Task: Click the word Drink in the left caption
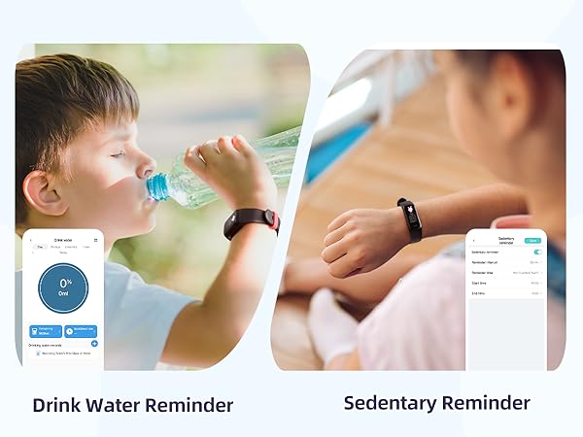[x=55, y=404]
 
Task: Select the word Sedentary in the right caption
[x=389, y=402]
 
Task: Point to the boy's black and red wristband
[x=251, y=222]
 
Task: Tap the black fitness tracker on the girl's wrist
[x=409, y=219]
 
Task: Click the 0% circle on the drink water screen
[x=62, y=288]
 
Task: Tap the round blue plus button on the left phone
[x=94, y=343]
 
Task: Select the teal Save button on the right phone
[x=532, y=239]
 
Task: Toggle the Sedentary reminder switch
[x=537, y=252]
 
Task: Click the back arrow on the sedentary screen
[x=473, y=238]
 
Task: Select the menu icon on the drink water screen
[x=96, y=239]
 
